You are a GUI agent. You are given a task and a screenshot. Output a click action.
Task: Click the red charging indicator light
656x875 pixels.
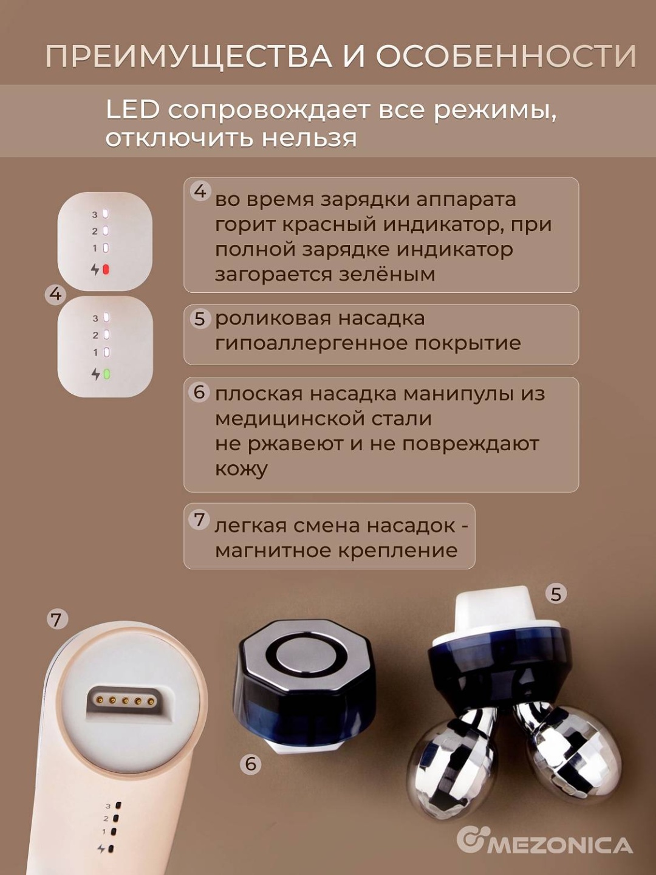point(106,270)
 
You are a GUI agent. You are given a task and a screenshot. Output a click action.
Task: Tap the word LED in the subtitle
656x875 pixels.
point(132,111)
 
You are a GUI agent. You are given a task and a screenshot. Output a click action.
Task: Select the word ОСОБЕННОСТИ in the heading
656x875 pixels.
point(506,56)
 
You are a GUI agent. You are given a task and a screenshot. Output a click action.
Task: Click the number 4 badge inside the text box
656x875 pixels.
point(200,191)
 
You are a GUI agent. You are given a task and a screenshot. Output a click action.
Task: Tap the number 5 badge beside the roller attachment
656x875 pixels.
point(556,594)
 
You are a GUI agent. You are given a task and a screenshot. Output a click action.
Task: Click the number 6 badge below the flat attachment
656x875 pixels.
point(250,764)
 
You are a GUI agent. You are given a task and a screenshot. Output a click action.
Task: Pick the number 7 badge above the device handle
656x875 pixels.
point(57,619)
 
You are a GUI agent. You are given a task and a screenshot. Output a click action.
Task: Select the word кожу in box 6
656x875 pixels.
point(241,469)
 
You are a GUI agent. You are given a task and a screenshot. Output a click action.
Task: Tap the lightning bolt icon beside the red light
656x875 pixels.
point(95,270)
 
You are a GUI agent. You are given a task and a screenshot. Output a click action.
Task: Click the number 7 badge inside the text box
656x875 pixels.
point(199,520)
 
